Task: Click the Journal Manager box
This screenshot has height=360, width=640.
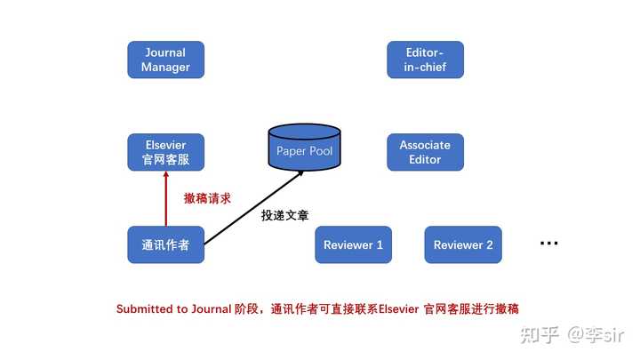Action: (165, 60)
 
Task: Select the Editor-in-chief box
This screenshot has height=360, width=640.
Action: (425, 60)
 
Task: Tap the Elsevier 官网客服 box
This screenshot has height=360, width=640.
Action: (165, 152)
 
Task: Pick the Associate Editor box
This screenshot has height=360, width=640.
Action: (425, 152)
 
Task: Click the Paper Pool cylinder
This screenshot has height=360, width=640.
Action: (305, 147)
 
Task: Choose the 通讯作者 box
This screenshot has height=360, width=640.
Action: (165, 244)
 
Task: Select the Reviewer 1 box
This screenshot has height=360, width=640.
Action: (354, 244)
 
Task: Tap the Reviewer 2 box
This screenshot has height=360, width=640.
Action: (463, 244)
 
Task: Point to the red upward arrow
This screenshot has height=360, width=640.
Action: (165, 198)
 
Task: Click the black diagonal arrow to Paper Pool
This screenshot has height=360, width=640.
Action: (254, 208)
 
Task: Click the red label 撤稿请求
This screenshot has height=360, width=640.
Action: (207, 198)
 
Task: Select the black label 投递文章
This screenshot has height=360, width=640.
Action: (285, 215)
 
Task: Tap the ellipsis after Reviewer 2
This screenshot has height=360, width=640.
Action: (549, 244)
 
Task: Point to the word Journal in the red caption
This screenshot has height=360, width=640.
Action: (212, 309)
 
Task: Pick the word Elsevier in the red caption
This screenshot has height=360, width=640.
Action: (399, 309)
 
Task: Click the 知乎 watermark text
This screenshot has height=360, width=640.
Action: (540, 335)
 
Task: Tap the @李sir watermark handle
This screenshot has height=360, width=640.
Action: (596, 335)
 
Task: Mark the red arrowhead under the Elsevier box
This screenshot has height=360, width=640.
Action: (165, 174)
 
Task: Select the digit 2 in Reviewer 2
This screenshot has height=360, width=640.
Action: (490, 245)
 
